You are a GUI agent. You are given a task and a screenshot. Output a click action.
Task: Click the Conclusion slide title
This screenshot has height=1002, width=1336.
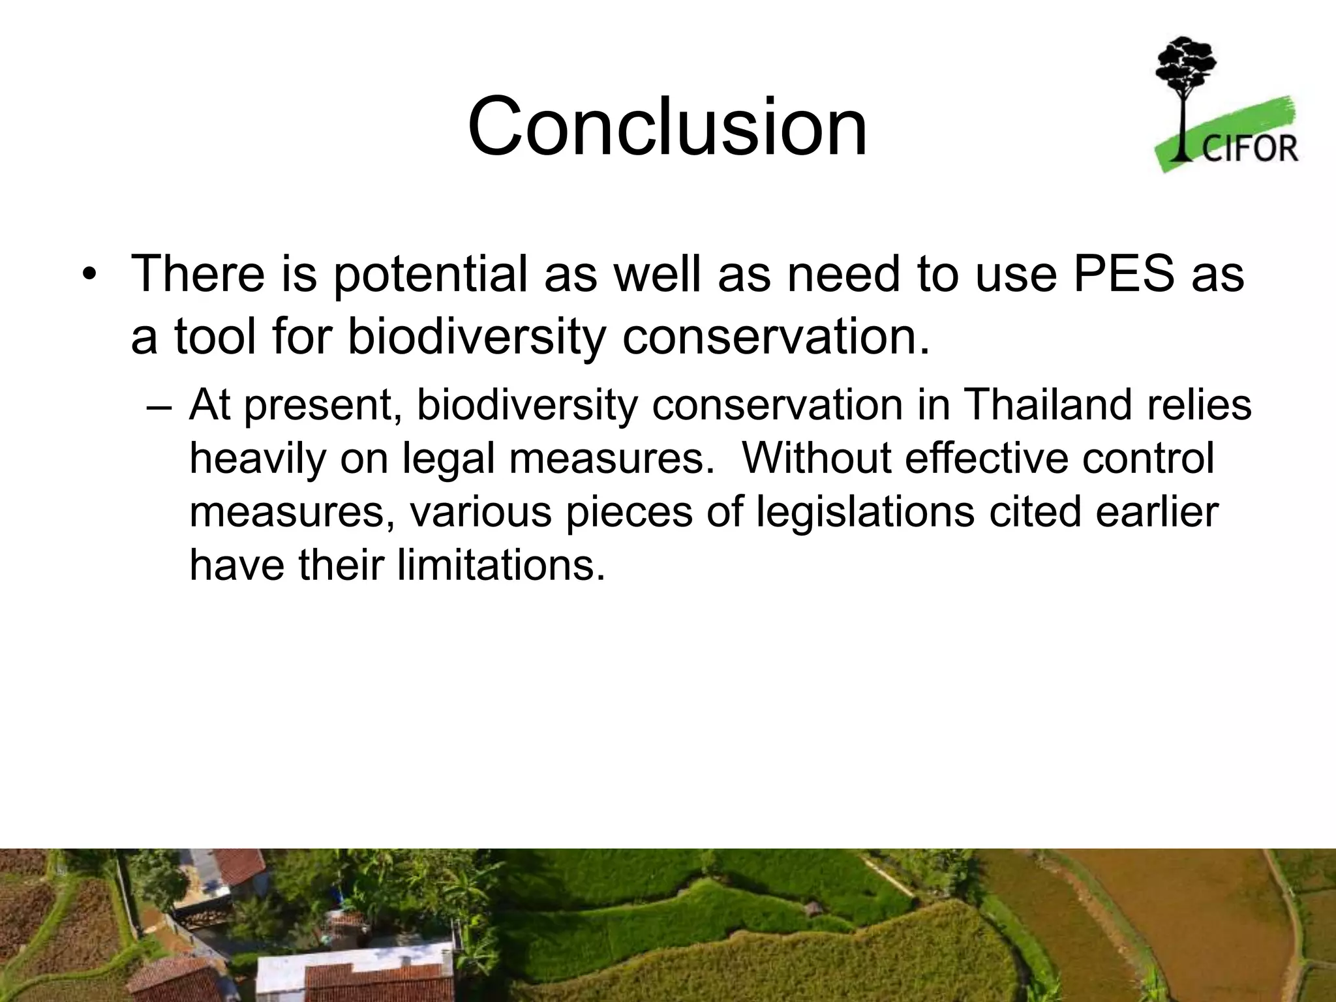[667, 127]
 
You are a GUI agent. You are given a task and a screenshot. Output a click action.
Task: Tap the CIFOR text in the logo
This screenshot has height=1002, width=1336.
[1249, 148]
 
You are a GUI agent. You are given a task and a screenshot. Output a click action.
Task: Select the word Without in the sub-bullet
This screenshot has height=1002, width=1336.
[817, 458]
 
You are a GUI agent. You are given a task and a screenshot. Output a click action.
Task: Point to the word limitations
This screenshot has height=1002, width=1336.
[502, 565]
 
